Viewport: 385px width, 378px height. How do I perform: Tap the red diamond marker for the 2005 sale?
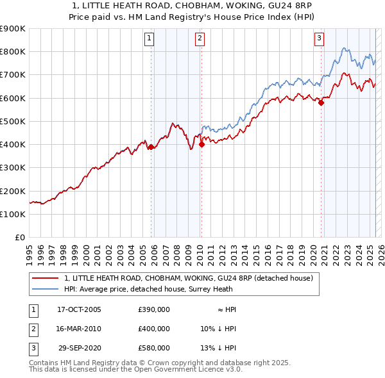[151, 147]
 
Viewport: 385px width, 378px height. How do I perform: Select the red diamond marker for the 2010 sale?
[201, 144]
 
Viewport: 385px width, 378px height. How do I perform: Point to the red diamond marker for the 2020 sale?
[321, 103]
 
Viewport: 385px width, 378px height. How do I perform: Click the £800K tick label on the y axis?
[13, 51]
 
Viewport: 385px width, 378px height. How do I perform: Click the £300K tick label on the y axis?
[13, 167]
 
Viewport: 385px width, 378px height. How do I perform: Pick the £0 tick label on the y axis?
[19, 237]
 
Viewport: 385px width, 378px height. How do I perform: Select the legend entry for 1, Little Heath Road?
[188, 278]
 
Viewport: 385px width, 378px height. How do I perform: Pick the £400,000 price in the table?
[154, 329]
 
